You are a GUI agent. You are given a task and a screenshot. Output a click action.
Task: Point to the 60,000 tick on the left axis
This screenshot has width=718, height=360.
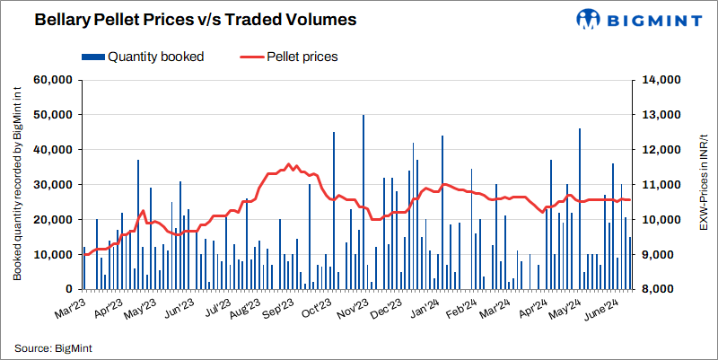click(x=52, y=80)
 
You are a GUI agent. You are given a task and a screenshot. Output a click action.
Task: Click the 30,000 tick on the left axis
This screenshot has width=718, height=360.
click(x=52, y=185)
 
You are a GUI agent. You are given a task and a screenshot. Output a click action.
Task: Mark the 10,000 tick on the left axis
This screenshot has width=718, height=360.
click(x=52, y=255)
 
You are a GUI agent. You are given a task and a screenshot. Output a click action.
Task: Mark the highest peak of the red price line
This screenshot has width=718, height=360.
click(x=289, y=164)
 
